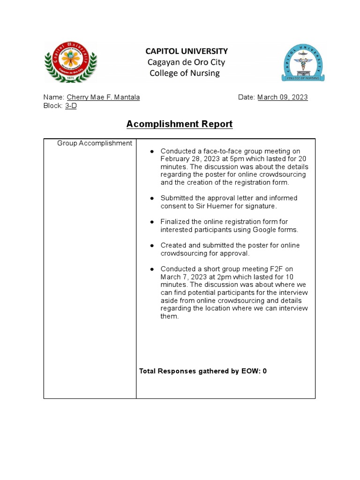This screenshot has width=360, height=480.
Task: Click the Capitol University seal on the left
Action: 70,62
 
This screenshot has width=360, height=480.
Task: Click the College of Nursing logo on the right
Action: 302,62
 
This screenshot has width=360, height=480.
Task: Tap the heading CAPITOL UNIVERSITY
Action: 187,51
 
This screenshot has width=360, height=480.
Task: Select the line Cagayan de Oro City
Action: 186,62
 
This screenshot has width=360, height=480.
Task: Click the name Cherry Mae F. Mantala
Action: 103,97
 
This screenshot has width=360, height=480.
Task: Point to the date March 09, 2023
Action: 282,97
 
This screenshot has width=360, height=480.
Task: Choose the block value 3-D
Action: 71,105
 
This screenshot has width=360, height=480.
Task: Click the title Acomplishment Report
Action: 180,124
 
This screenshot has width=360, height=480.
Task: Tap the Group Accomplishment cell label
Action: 95,143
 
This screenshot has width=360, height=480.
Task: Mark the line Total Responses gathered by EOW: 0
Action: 203,371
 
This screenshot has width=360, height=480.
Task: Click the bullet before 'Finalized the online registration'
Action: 152,222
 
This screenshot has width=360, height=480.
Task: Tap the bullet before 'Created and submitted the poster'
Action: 152,246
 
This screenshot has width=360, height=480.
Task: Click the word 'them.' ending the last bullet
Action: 170,316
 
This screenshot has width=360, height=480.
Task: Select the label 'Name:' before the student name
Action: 54,97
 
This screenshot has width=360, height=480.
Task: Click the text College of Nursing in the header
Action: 184,73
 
